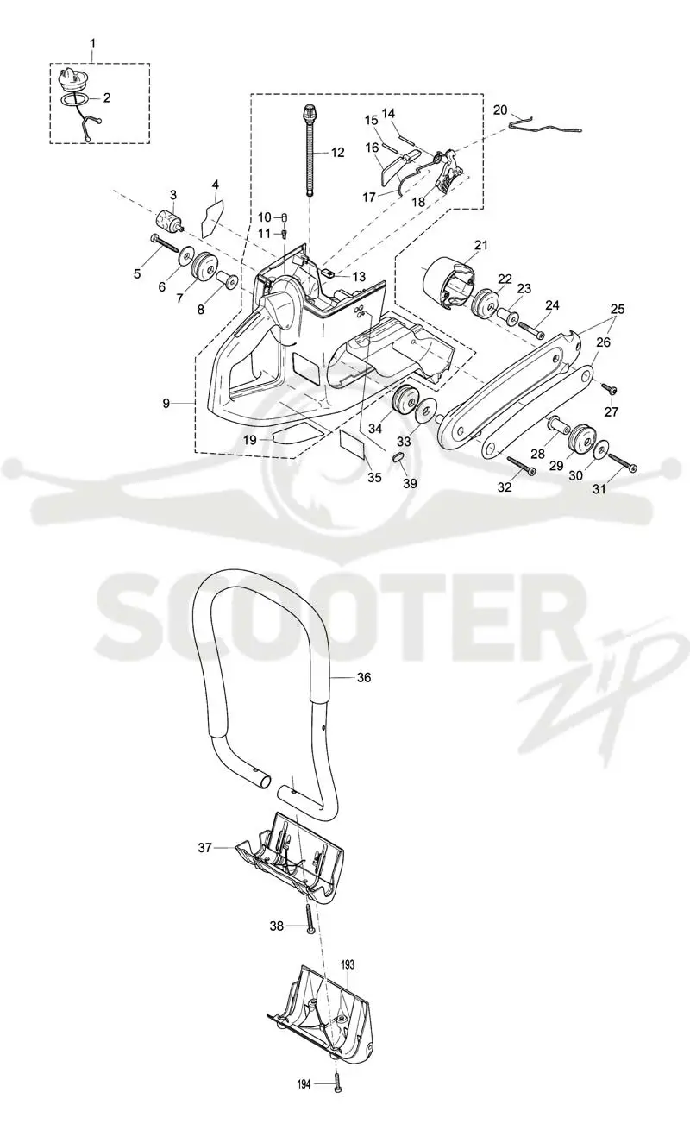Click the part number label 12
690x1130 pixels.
[x=337, y=152]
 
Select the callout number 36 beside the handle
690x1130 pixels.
[x=364, y=677]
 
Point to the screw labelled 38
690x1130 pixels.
[x=309, y=918]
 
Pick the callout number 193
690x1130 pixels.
[x=348, y=964]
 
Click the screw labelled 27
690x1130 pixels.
[x=611, y=388]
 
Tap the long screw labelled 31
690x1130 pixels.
[x=623, y=462]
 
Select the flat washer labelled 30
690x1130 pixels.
[x=599, y=450]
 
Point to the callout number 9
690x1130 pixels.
[x=166, y=404]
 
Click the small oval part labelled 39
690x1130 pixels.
[x=398, y=457]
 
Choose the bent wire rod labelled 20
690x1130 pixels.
[x=545, y=126]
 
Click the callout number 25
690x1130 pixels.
[x=618, y=309]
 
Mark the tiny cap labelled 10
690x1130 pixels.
[x=285, y=217]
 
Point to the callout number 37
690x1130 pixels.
[x=204, y=847]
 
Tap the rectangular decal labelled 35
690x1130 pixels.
[x=353, y=444]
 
